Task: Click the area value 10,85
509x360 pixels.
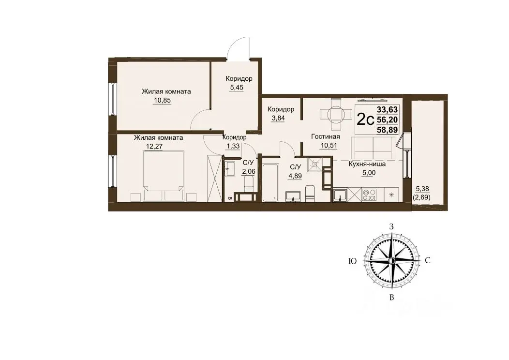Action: [162, 100]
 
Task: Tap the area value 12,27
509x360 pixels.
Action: [154, 146]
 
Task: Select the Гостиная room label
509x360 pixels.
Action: [325, 136]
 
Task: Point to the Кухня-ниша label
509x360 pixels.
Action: [367, 164]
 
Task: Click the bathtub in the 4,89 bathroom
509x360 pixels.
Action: [270, 182]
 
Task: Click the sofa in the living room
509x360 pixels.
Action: [374, 148]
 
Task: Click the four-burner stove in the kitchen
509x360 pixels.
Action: [369, 195]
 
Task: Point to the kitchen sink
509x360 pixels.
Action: [340, 195]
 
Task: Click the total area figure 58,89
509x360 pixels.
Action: [387, 130]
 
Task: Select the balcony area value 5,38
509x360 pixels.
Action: [422, 188]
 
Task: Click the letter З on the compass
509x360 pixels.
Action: [391, 227]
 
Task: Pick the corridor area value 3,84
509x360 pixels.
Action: [278, 118]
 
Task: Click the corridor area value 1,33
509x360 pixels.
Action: [233, 146]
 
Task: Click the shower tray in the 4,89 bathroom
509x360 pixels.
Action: [315, 165]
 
